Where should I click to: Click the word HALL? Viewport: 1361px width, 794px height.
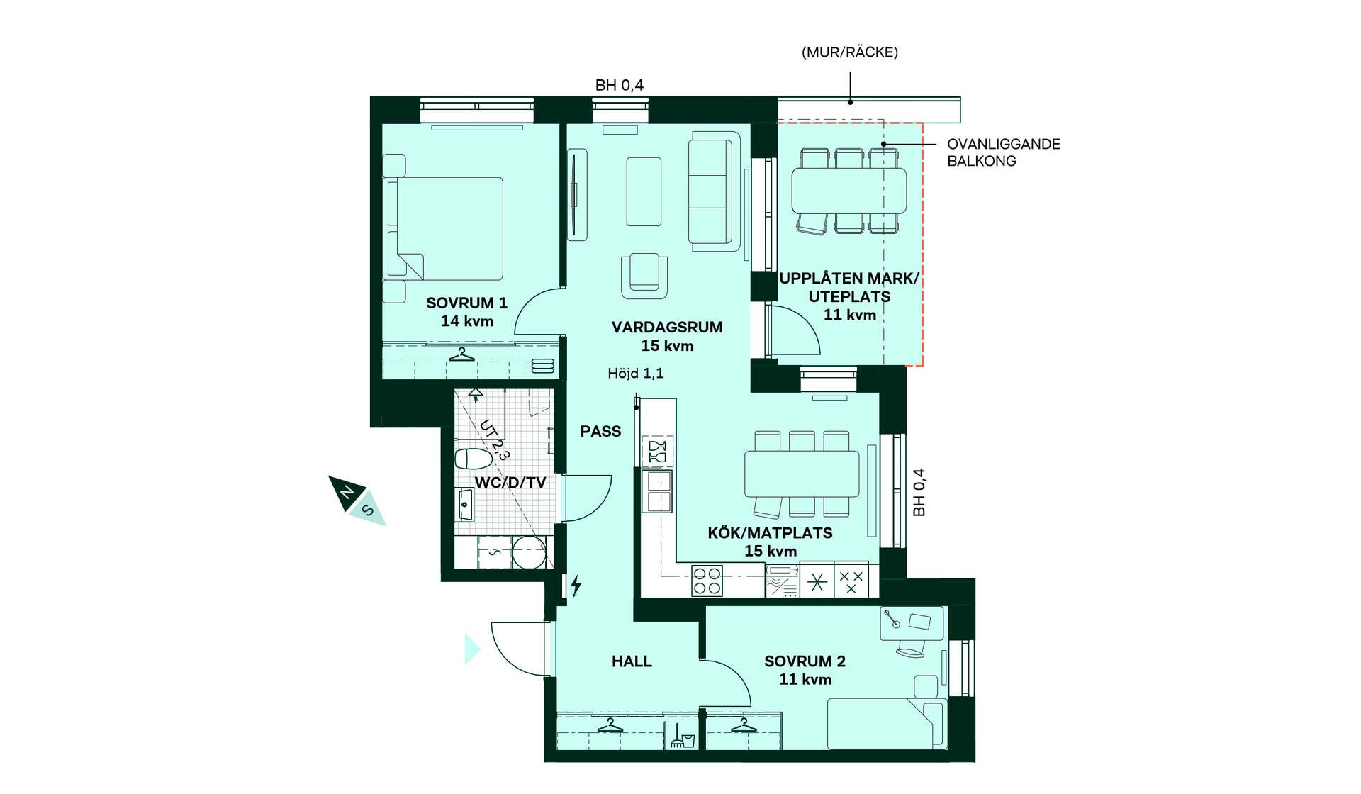(632, 661)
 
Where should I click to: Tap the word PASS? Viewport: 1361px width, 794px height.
(600, 432)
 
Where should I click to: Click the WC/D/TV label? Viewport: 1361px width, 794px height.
(510, 483)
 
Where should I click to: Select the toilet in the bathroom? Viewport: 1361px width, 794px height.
(473, 459)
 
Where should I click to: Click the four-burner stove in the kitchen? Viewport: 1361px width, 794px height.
(707, 581)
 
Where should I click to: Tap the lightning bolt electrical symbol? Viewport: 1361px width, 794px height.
(576, 586)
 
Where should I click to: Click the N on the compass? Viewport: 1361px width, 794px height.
(347, 493)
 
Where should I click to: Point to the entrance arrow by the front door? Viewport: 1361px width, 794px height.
(472, 649)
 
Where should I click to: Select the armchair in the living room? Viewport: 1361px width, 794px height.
(644, 276)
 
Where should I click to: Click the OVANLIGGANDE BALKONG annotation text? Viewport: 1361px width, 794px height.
(1004, 152)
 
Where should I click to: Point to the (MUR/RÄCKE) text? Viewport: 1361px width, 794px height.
(850, 52)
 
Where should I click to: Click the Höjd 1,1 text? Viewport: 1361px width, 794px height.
(636, 374)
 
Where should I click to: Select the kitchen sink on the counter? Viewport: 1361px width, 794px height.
(657, 491)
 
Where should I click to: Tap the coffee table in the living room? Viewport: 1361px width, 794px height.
(644, 191)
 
